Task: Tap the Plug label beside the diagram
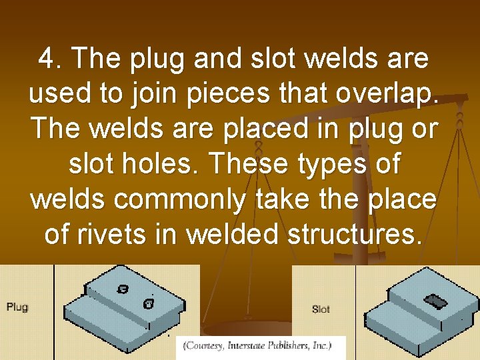tap(17, 307)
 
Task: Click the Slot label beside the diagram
tap(321, 309)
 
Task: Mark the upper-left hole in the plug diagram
tap(123, 289)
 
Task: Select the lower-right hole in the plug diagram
tap(149, 304)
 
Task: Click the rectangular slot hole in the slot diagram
tap(437, 302)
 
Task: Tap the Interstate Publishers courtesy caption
tap(261, 347)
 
